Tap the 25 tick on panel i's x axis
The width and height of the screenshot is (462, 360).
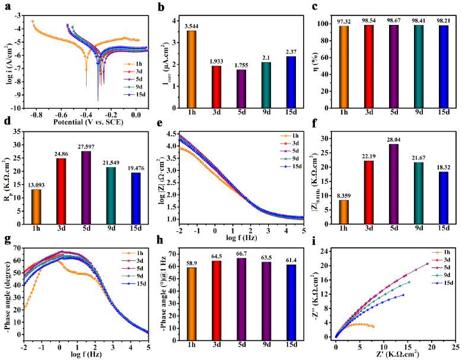coord(454,346)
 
